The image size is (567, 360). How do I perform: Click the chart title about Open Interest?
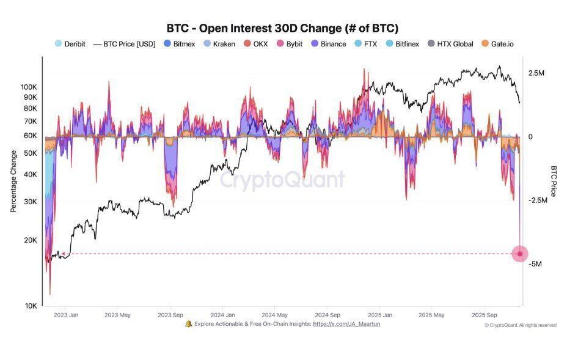click(282, 28)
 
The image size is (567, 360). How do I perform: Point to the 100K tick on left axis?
click(29, 87)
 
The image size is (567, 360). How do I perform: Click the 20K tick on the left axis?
click(31, 240)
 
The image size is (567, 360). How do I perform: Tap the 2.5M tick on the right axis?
click(536, 73)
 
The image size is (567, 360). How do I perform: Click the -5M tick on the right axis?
click(534, 264)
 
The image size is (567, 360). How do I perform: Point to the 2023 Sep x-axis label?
click(170, 315)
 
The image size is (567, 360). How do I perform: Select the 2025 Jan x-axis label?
click(379, 315)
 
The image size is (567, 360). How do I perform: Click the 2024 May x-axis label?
click(275, 315)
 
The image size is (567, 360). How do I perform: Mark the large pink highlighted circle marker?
click(520, 254)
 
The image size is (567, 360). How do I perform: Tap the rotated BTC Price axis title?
click(554, 181)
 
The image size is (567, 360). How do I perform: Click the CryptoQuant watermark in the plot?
click(282, 180)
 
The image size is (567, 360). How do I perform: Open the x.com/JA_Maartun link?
click(346, 324)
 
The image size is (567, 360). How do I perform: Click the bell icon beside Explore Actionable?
click(188, 324)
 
